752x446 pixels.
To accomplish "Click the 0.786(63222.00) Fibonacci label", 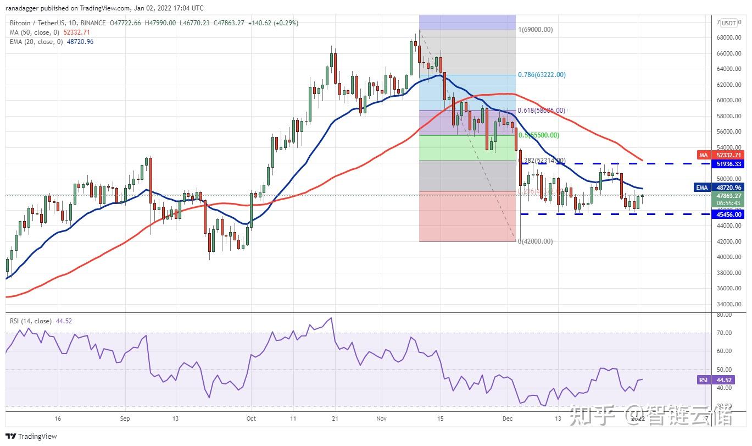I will pyautogui.click(x=542, y=75).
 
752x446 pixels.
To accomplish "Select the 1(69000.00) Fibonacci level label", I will pyautogui.click(x=536, y=30).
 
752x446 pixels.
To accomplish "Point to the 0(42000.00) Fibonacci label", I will pyautogui.click(x=536, y=241).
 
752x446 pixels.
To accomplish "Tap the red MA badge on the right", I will pyautogui.click(x=703, y=156).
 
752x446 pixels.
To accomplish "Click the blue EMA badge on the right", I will pyautogui.click(x=702, y=188).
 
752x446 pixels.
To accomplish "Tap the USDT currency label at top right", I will pyautogui.click(x=729, y=23).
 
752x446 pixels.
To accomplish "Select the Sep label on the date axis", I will pyautogui.click(x=125, y=419).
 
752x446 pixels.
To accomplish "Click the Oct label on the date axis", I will pyautogui.click(x=251, y=419).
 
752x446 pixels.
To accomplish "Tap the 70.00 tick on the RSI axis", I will pyautogui.click(x=724, y=333).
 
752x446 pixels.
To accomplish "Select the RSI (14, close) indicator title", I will pyautogui.click(x=31, y=321).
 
